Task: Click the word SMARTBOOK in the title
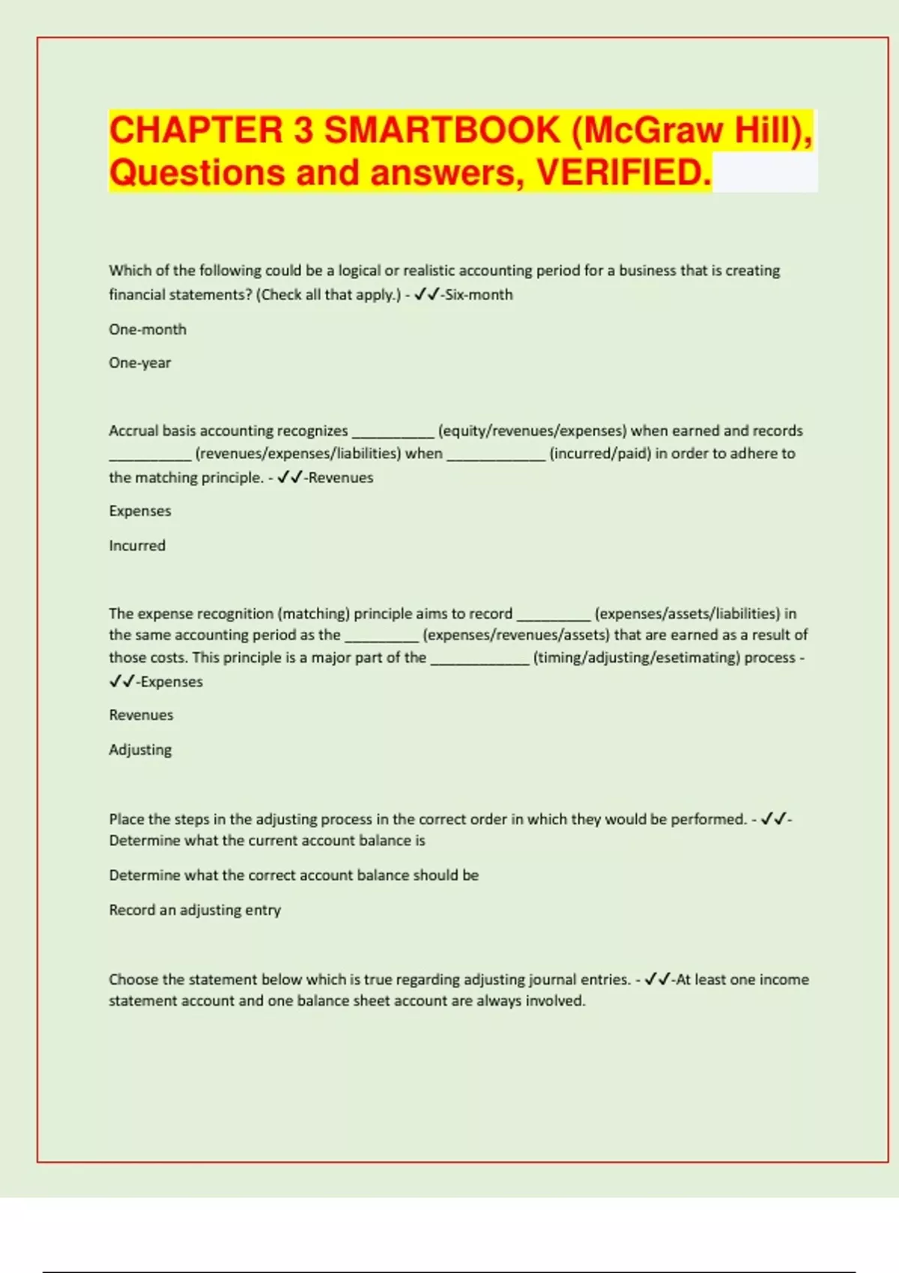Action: tap(442, 130)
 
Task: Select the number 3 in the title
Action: tap(303, 130)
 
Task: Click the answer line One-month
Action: tap(148, 329)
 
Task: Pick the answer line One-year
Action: tap(140, 363)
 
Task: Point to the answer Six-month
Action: tap(479, 295)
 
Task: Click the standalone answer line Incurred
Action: tap(137, 546)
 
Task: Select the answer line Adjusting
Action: tap(140, 750)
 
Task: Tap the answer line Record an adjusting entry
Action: tap(195, 910)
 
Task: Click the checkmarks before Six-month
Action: tap(426, 295)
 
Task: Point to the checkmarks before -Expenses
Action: tap(122, 681)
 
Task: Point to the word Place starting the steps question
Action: tap(127, 819)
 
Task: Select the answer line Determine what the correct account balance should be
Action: tap(294, 875)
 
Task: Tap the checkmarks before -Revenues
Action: tap(290, 478)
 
